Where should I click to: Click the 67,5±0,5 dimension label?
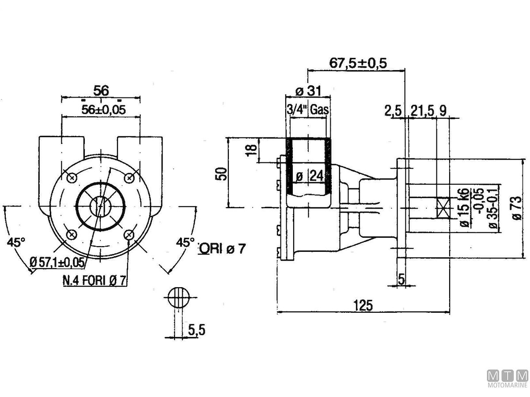pos(358,63)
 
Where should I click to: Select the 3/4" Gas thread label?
pos(308,110)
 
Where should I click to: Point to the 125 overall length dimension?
pos(363,304)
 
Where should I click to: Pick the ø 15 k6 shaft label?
pos(463,207)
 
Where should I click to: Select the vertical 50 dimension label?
pos(222,173)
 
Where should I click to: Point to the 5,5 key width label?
pos(197,329)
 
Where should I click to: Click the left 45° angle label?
pos(17,242)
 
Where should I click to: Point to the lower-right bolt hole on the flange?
pos(129,234)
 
